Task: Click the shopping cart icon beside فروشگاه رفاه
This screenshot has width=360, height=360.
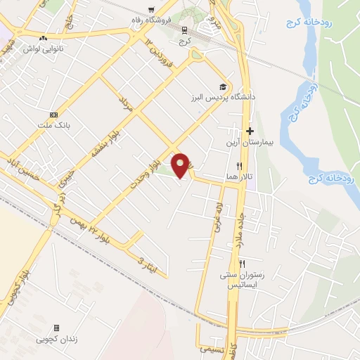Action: pos(152,9)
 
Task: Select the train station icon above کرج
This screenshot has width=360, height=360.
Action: pos(185,30)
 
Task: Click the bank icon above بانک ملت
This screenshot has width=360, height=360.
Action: pos(53,115)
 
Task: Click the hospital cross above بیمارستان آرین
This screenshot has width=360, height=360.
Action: pos(250,131)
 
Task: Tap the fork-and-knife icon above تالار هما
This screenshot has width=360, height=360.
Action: pos(239,165)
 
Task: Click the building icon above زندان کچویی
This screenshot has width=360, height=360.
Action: pos(57,328)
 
